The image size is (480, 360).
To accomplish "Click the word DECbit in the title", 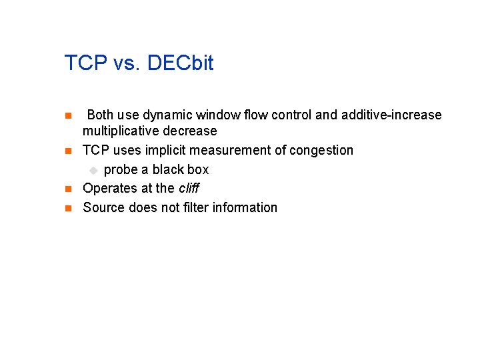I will pyautogui.click(x=180, y=63).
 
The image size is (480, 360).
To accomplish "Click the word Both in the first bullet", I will pyautogui.click(x=101, y=115).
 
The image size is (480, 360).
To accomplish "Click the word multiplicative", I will pyautogui.click(x=116, y=131).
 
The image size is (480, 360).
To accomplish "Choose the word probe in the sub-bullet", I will pyautogui.click(x=121, y=169).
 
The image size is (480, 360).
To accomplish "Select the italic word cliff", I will pyautogui.click(x=189, y=188).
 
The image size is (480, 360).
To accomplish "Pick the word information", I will pyautogui.click(x=246, y=207).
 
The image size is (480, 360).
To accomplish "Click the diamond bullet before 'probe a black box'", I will pyautogui.click(x=94, y=169).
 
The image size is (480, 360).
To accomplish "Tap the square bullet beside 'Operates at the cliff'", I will pyautogui.click(x=67, y=189).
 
